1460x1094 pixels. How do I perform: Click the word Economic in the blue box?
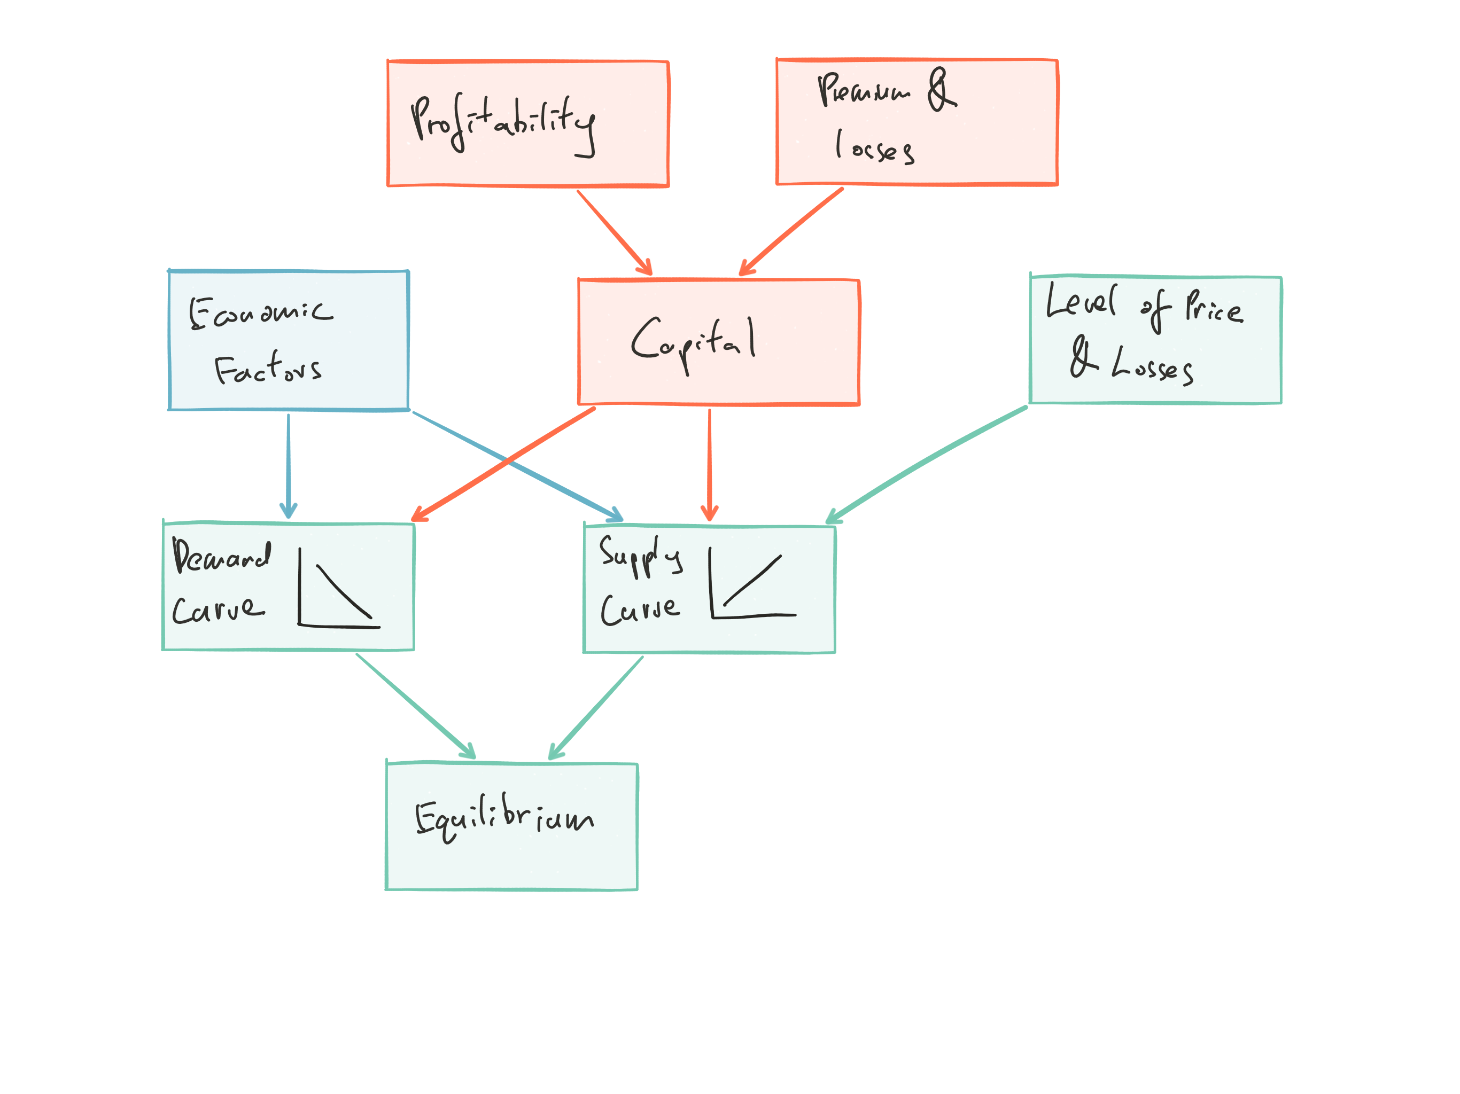coord(261,312)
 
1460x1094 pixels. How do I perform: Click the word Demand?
coord(222,556)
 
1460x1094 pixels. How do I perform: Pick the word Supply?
coord(640,556)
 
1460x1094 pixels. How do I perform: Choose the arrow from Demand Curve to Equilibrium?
coord(415,705)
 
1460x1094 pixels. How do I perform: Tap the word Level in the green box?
coord(1081,301)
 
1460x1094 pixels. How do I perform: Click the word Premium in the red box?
coord(863,90)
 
